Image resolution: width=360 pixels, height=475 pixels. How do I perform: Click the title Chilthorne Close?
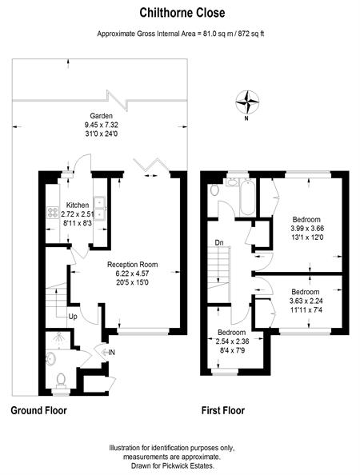click(x=182, y=13)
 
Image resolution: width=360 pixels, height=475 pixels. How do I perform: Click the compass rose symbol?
click(x=247, y=102)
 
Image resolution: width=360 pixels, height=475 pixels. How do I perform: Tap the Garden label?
click(x=102, y=116)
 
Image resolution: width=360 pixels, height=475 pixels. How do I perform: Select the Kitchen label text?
click(x=78, y=205)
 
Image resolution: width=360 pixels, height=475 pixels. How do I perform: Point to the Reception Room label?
click(x=133, y=265)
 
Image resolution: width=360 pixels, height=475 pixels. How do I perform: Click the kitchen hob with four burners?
click(x=53, y=212)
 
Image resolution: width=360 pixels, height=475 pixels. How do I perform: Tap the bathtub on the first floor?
click(x=247, y=197)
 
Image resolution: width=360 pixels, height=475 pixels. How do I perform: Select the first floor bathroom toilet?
click(x=214, y=190)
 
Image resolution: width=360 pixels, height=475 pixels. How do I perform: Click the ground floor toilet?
click(x=62, y=381)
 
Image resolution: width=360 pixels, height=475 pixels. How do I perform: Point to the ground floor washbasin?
click(x=50, y=359)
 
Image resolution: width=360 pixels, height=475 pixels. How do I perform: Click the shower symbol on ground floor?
click(x=58, y=339)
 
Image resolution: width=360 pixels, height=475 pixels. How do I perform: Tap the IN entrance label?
click(x=111, y=353)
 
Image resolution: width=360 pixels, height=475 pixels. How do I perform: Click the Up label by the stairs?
click(x=73, y=317)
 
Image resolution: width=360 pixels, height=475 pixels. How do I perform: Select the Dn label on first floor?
click(x=219, y=242)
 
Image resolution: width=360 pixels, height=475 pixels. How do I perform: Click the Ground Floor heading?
click(x=38, y=410)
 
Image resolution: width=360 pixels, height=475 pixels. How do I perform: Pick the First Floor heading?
click(x=223, y=410)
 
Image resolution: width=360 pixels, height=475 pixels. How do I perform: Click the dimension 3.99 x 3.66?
click(x=306, y=229)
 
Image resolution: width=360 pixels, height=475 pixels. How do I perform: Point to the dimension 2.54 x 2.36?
click(x=233, y=341)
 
